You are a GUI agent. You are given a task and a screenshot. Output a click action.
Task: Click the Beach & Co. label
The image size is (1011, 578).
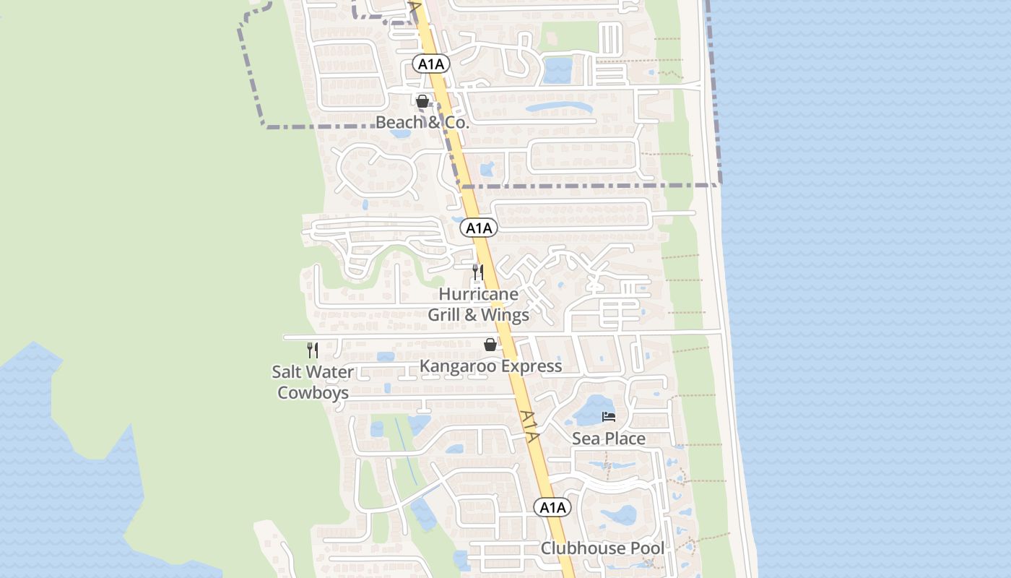click(422, 122)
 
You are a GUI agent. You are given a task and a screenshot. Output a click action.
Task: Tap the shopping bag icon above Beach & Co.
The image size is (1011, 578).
click(422, 101)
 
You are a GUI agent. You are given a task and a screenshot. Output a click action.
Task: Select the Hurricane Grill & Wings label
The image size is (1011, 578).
click(478, 304)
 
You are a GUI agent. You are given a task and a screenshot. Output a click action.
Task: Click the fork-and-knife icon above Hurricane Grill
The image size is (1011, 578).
click(477, 272)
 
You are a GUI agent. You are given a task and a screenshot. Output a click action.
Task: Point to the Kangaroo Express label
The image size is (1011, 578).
click(490, 366)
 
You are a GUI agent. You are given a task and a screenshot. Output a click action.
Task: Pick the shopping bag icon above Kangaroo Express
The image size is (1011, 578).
click(490, 345)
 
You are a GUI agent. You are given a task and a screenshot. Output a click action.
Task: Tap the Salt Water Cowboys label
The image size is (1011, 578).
click(313, 382)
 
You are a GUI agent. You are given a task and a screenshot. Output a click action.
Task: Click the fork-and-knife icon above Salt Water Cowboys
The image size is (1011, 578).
click(313, 350)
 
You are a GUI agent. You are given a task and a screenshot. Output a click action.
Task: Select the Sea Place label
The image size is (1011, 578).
click(609, 438)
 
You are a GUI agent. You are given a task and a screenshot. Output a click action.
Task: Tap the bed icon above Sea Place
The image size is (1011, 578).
click(609, 417)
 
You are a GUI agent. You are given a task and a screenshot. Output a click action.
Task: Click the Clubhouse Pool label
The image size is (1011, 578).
click(602, 548)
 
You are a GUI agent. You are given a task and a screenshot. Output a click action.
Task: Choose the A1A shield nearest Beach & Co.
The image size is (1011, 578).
click(431, 64)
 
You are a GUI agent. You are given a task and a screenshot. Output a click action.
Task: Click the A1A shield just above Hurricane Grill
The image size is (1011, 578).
click(478, 228)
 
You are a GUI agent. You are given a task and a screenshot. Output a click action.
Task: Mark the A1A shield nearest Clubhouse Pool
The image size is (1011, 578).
click(552, 507)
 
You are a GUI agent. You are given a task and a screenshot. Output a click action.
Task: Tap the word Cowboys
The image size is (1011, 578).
click(313, 392)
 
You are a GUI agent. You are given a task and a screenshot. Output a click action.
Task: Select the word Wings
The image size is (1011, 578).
click(505, 314)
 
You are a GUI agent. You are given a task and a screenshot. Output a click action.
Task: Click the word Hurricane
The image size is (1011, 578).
click(478, 294)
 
